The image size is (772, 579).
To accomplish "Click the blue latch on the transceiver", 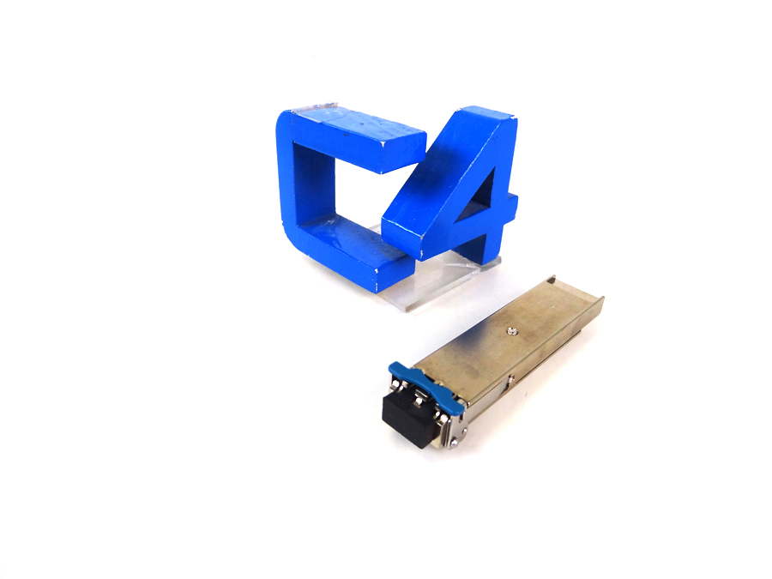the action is point(427,384).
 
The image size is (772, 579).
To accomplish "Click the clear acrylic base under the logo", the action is point(433,280).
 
